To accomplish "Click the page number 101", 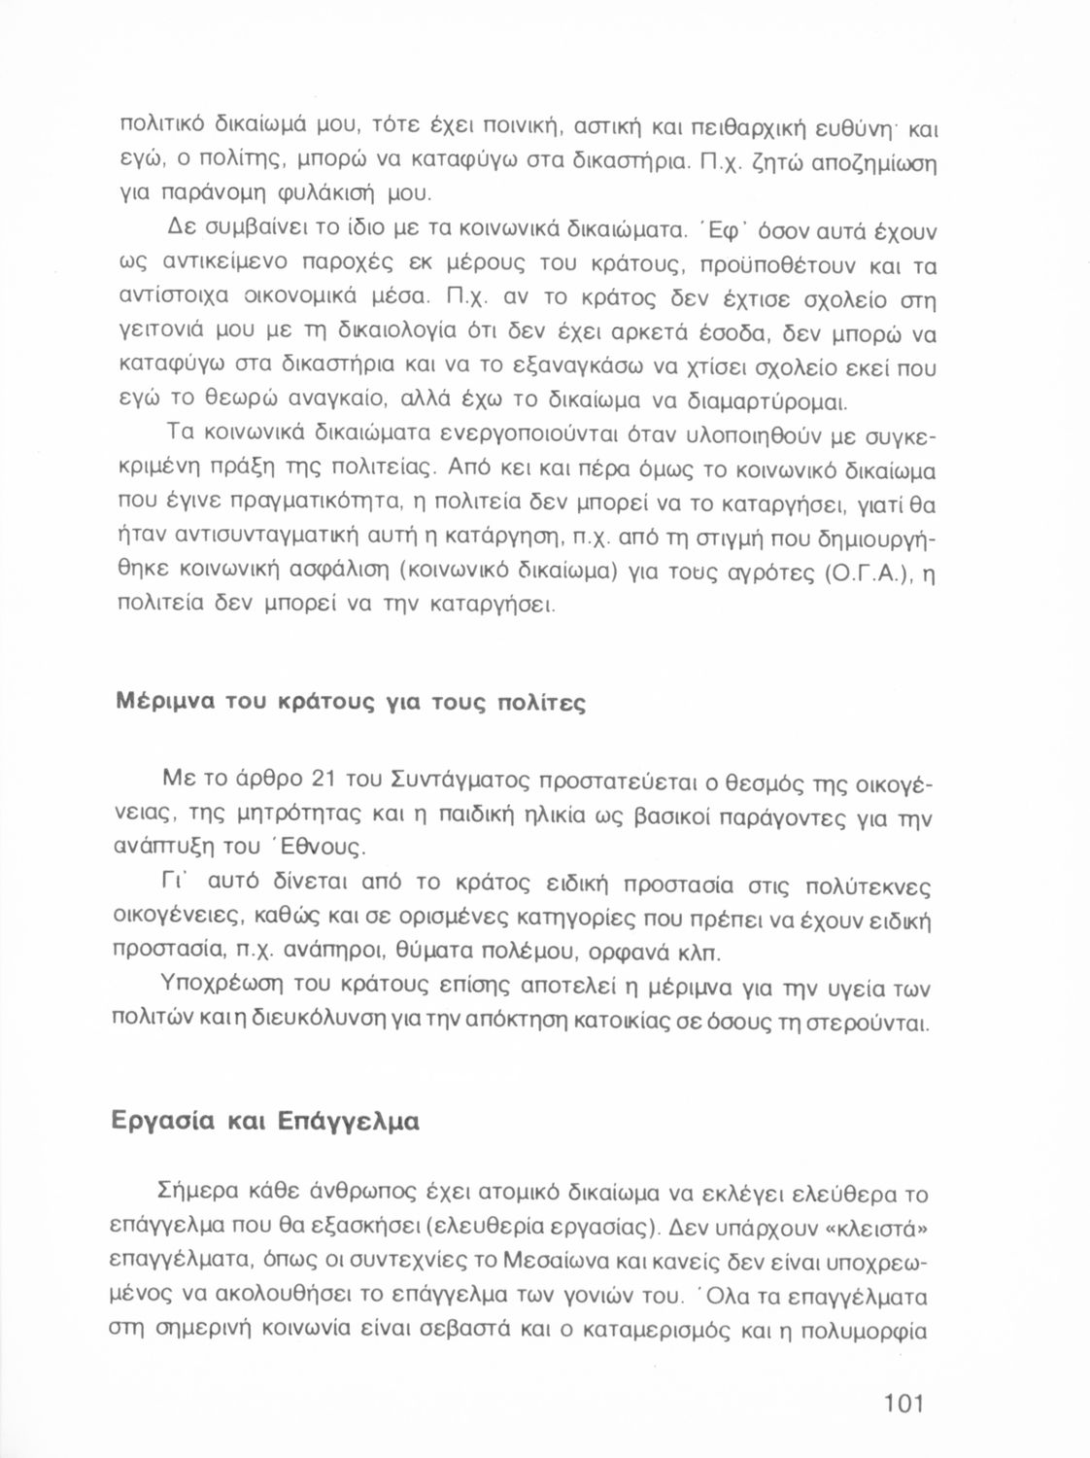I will pos(904,1404).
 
